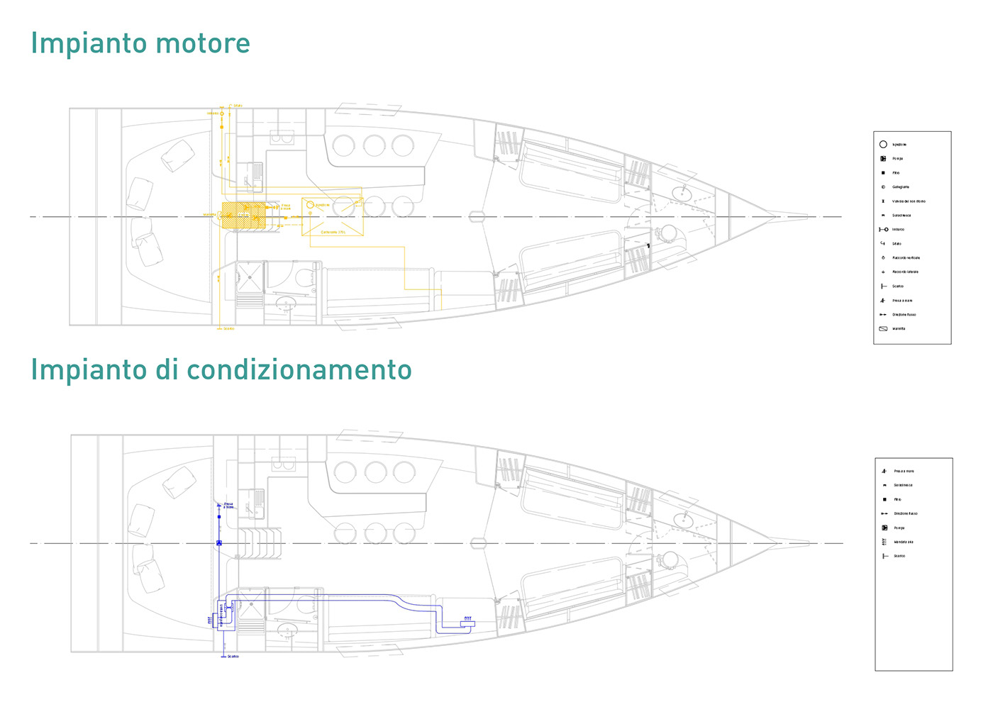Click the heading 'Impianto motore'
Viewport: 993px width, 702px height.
140,43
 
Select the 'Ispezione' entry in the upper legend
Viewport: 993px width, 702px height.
899,145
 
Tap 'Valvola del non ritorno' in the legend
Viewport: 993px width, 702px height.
908,201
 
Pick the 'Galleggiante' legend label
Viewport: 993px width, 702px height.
900,187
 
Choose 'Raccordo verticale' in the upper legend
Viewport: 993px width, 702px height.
906,258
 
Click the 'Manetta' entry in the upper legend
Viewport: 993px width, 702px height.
899,329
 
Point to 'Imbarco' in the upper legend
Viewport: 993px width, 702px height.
898,230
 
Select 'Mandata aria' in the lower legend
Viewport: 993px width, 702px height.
903,542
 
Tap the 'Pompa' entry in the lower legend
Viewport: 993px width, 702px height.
899,528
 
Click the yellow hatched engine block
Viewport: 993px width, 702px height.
243,215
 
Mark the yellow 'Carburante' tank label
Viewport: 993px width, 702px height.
333,232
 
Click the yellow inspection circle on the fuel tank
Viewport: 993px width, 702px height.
310,205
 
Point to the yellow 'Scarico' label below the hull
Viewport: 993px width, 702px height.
228,329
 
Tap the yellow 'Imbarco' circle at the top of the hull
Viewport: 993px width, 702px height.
222,113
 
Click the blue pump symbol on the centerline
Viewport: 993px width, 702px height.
219,543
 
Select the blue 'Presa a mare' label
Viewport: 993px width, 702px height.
228,506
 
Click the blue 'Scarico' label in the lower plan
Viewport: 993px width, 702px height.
233,657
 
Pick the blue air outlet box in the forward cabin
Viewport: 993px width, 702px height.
467,624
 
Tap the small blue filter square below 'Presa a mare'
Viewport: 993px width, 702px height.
219,517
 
